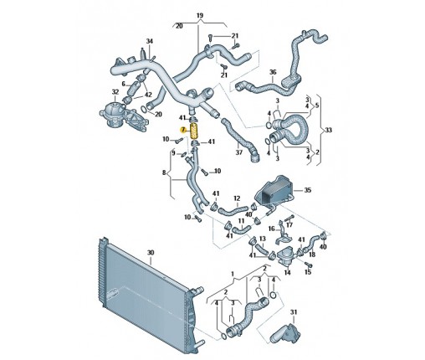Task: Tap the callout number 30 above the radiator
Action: (151, 253)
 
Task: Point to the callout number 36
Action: (273, 72)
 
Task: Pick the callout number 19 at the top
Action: (200, 15)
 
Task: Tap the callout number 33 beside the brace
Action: (329, 130)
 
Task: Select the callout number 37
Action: (239, 152)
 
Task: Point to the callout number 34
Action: (150, 41)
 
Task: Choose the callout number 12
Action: (237, 198)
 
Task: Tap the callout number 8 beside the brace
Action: (164, 172)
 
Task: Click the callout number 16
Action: (272, 229)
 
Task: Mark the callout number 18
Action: (312, 255)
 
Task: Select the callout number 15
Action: (308, 272)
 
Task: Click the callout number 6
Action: (124, 84)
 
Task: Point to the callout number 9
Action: (173, 153)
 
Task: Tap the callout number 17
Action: (289, 224)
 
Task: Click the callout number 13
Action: (263, 239)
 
